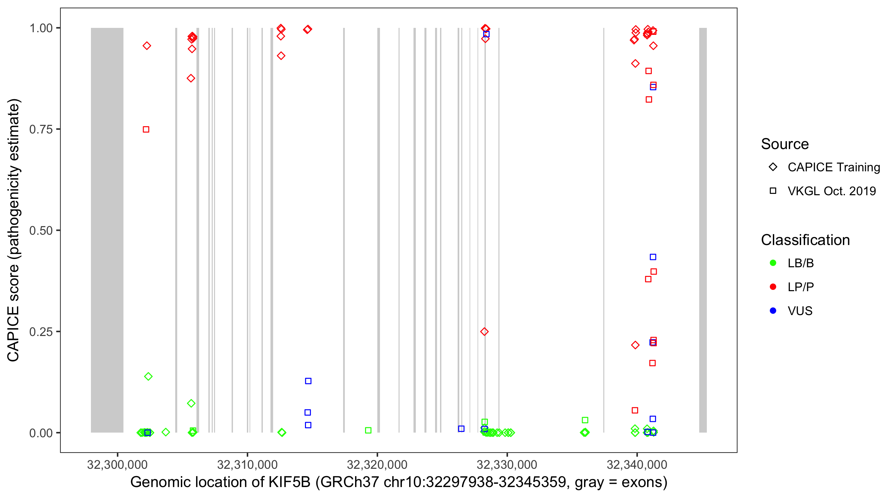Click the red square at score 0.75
point(146,129)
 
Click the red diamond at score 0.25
point(484,332)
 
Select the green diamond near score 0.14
point(148,376)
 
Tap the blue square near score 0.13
point(308,381)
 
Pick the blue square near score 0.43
point(653,257)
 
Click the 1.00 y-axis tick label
point(40,28)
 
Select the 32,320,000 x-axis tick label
point(377,464)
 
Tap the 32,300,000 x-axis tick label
point(117,464)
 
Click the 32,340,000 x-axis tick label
point(636,464)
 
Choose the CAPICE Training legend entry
point(833,167)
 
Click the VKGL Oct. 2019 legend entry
point(831,191)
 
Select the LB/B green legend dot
point(773,263)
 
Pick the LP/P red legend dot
point(773,287)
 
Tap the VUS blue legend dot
point(773,310)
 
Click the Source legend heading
point(785,144)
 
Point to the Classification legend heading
point(805,240)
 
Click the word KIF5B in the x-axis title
point(289,482)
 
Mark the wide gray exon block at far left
point(107,230)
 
